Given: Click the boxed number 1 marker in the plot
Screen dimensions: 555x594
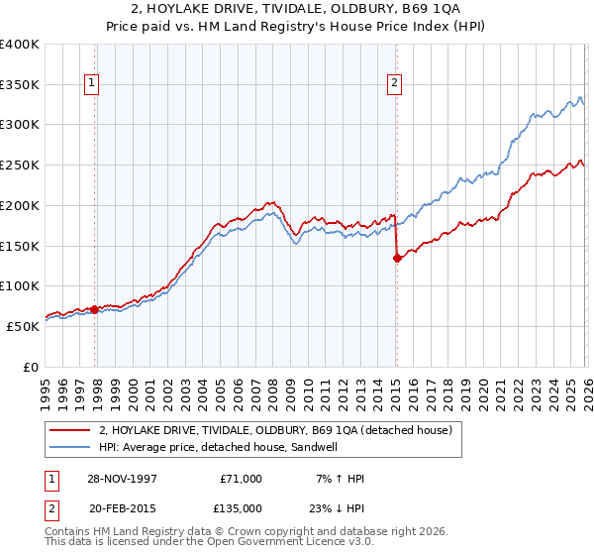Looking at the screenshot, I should pos(91,84).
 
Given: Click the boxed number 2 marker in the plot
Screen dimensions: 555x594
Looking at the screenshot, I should pos(394,84).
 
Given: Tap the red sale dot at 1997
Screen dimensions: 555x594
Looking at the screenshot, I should pos(95,309).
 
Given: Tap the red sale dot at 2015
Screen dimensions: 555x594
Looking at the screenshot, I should pos(397,258).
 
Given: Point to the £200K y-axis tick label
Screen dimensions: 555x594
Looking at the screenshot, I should pos(20,205).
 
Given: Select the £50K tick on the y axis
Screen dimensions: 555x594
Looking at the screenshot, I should pos(23,326).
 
